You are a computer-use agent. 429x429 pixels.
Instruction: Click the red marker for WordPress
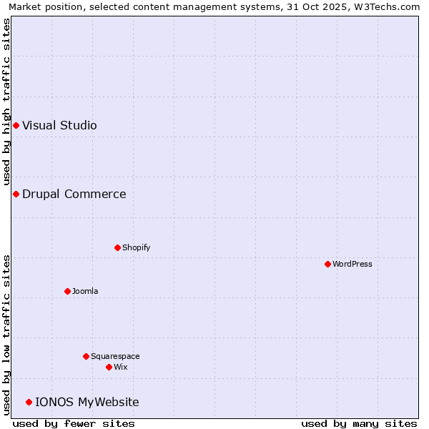pyautogui.click(x=328, y=264)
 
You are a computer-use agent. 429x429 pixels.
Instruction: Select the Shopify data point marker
pyautogui.click(x=118, y=247)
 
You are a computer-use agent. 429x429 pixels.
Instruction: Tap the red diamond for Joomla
pyautogui.click(x=68, y=291)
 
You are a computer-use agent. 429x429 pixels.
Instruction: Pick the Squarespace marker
pyautogui.click(x=87, y=356)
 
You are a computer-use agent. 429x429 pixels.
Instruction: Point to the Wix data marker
pyautogui.click(x=109, y=367)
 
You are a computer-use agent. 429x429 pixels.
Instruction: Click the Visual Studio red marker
pyautogui.click(x=16, y=126)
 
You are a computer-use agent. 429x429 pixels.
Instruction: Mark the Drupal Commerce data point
pyautogui.click(x=16, y=194)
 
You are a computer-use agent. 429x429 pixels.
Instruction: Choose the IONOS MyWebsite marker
pyautogui.click(x=29, y=402)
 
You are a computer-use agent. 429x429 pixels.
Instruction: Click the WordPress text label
pyautogui.click(x=352, y=264)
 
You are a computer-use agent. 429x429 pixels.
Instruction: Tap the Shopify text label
pyautogui.click(x=137, y=247)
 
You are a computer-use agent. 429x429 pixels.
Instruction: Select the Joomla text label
pyautogui.click(x=85, y=291)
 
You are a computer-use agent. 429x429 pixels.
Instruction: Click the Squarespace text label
pyautogui.click(x=115, y=356)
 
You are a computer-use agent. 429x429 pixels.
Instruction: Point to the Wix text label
pyautogui.click(x=121, y=367)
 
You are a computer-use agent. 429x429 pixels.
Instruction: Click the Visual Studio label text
pyautogui.click(x=59, y=126)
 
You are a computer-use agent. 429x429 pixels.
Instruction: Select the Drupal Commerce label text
pyautogui.click(x=74, y=194)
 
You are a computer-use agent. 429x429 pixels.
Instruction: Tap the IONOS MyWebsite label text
pyautogui.click(x=87, y=402)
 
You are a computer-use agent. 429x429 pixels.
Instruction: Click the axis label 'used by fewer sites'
pyautogui.click(x=74, y=423)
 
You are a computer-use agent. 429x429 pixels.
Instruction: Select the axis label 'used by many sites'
pyautogui.click(x=359, y=423)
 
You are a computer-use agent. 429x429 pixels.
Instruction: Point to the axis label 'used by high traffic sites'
pyautogui.click(x=7, y=100)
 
